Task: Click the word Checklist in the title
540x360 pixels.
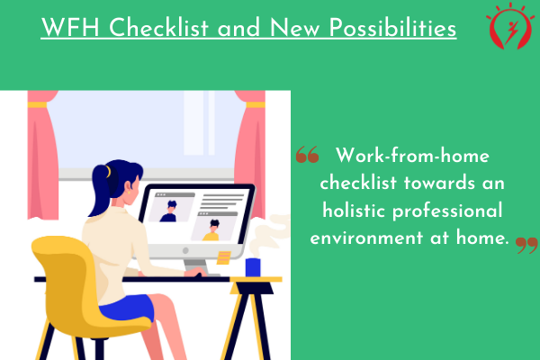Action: click(158, 28)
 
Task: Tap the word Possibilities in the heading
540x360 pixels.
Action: click(392, 28)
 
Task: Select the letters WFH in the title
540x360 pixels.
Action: click(70, 28)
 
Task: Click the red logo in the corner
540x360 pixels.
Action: click(510, 26)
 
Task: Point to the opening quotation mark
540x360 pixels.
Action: click(307, 154)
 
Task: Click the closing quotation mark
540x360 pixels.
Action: click(526, 245)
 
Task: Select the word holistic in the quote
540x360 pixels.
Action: click(354, 211)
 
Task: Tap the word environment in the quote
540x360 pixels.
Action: click(366, 238)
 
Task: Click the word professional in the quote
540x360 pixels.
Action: click(447, 211)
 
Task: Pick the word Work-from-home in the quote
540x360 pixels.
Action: click(412, 156)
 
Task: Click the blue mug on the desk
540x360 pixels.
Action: click(253, 267)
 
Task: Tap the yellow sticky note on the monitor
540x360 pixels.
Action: click(224, 257)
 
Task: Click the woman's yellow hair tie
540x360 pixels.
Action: click(109, 171)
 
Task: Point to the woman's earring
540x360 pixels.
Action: click(129, 193)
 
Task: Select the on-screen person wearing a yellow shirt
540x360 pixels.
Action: click(211, 230)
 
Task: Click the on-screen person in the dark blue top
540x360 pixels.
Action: click(169, 211)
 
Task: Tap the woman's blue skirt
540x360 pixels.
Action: click(128, 308)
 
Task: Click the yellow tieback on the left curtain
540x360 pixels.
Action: click(37, 104)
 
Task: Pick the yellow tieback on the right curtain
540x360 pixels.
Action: click(256, 104)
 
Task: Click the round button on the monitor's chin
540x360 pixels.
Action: click(185, 250)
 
